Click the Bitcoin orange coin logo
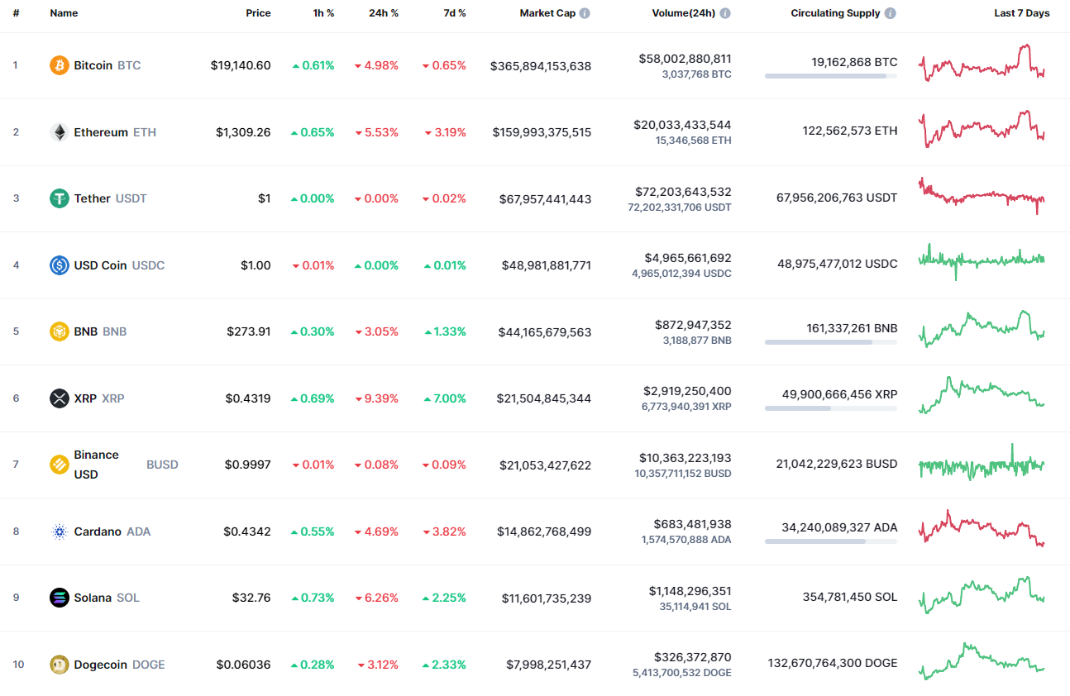point(60,65)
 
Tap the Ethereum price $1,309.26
point(243,132)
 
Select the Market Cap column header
point(547,13)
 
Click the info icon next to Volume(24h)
point(725,13)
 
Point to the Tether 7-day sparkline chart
point(982,197)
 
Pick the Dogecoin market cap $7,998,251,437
point(549,665)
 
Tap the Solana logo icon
point(60,598)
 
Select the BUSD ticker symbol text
point(162,465)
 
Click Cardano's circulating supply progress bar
point(830,541)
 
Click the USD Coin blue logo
point(60,265)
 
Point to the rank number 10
point(18,665)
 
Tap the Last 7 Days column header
point(1021,13)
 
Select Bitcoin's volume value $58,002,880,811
point(685,59)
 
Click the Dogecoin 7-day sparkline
point(982,661)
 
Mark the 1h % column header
point(324,13)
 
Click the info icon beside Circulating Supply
point(890,13)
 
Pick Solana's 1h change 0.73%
point(313,598)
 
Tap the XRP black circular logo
point(60,398)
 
